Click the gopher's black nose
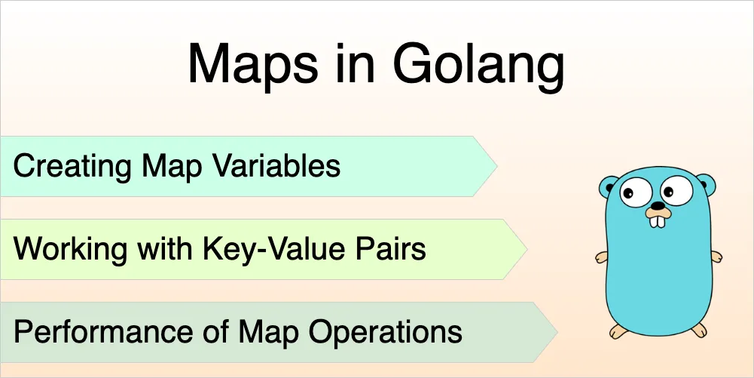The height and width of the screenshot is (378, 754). pos(658,206)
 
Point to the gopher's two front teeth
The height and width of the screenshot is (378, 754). pos(658,221)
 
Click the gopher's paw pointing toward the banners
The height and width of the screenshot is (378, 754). pos(601,257)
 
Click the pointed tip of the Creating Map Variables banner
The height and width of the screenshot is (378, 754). pos(497,166)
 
